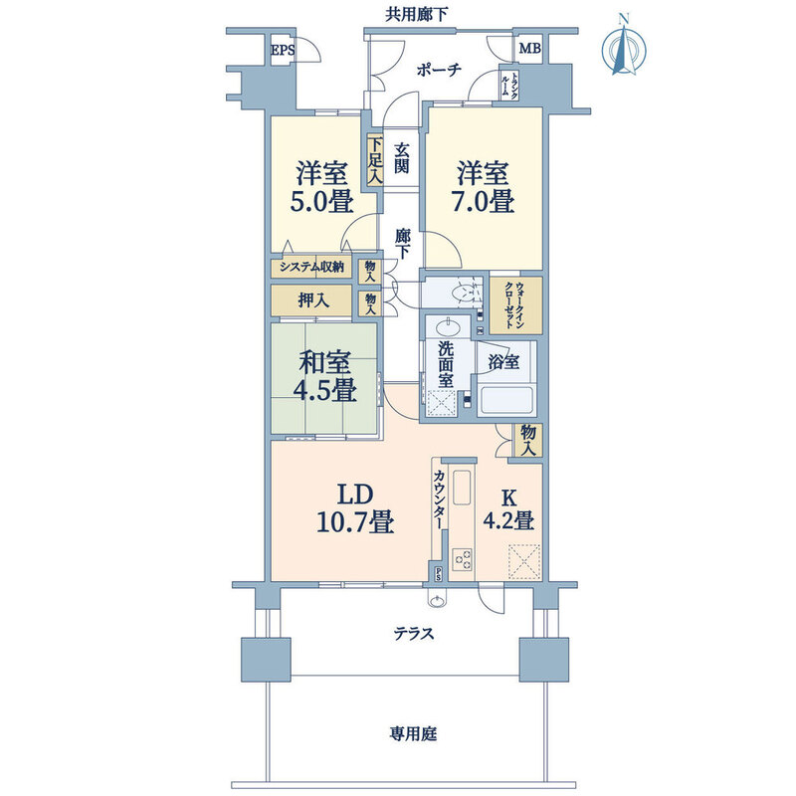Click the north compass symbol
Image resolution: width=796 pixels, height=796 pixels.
pos(624,48)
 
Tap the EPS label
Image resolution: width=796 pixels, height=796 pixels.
pos(283,51)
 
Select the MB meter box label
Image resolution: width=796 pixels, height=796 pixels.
pos(529,49)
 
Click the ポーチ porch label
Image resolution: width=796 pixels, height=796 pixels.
pos(439,69)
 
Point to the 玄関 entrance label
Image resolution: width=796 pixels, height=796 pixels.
pos(401,158)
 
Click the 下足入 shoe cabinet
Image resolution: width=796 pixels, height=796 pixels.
pos(375,161)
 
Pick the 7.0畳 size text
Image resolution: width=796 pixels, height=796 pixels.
pos(483,201)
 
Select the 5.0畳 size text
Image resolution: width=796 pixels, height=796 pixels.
pos(321,201)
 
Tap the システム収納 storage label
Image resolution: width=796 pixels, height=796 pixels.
pos(311,267)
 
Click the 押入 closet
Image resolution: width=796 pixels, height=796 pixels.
pos(311,300)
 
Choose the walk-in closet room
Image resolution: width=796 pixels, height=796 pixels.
pos(515,304)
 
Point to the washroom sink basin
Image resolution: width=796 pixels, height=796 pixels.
pos(447,327)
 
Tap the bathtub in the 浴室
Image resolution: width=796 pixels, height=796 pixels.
pos(507,401)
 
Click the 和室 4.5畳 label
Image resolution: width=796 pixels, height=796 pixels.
pos(325,377)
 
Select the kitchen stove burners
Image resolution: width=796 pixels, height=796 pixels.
pos(463,559)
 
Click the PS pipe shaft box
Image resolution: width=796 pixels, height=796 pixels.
pos(438,573)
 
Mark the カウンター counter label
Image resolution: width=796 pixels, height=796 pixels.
pos(439,499)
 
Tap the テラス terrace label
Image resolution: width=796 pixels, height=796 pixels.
pos(414,633)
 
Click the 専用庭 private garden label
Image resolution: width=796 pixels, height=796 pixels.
pos(413,733)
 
